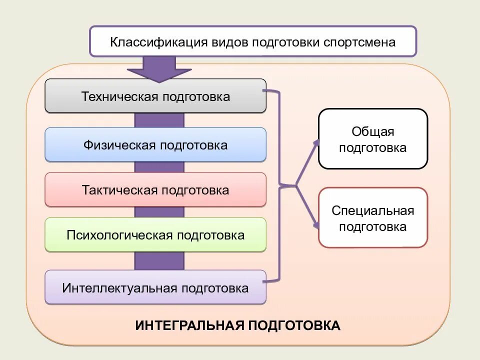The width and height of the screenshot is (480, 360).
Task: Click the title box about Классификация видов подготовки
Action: click(252, 41)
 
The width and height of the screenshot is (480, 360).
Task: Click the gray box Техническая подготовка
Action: click(155, 96)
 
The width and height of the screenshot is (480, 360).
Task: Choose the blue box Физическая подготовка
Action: click(155, 145)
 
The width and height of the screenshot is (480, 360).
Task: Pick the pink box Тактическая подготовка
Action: click(155, 190)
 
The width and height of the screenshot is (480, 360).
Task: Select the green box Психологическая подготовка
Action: click(155, 234)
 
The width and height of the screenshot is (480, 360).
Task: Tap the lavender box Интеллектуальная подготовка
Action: click(155, 288)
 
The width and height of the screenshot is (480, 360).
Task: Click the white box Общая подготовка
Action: click(373, 139)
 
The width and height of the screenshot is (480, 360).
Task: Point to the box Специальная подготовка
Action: click(373, 218)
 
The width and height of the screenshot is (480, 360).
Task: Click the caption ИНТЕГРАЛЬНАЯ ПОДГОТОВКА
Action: click(238, 326)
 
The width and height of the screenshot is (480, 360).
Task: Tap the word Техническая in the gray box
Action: click(120, 96)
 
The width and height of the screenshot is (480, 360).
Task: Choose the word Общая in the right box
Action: click(373, 131)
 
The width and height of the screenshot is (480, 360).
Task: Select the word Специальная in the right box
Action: click(373, 210)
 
